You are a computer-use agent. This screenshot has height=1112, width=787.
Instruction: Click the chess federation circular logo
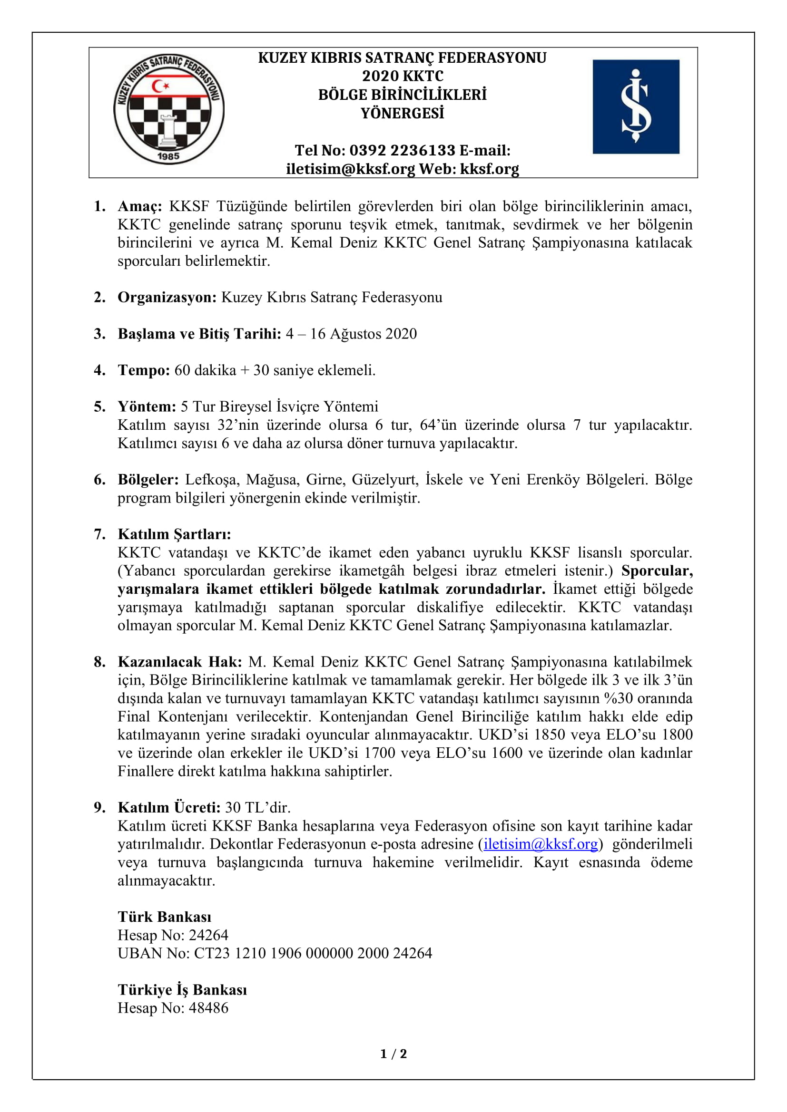pos(168,109)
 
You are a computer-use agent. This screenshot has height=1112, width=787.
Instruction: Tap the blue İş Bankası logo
pos(635,107)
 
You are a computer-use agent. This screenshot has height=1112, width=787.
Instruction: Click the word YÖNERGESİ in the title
pos(402,113)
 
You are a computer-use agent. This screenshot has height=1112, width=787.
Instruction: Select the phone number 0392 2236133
pos(402,151)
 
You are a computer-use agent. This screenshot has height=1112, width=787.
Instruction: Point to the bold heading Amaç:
pos(139,206)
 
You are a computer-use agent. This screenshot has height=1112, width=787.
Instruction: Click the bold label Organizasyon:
pos(167,297)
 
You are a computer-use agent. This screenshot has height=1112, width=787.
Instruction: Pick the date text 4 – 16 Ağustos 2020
pos(351,334)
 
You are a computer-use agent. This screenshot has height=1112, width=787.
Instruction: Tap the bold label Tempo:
pos(143,370)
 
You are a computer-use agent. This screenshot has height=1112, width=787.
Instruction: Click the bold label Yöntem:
pos(147,406)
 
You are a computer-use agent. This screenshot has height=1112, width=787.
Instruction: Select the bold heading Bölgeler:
pos(148,480)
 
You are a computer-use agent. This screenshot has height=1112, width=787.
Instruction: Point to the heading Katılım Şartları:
pos(175,534)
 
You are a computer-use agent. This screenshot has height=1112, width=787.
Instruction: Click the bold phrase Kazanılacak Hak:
pos(180,662)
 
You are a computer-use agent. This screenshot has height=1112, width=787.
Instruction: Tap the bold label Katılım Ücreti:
pos(169,807)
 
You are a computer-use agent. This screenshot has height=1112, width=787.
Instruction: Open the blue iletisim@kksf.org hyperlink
pos(541,844)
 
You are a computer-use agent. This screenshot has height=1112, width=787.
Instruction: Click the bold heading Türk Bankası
pos(164,917)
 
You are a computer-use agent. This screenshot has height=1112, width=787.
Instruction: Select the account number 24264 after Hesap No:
pos(208,935)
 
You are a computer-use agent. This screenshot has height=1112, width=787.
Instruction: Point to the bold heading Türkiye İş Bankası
pos(182,990)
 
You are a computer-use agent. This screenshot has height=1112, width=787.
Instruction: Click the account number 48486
pos(208,1008)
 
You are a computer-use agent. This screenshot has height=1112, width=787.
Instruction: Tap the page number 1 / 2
pos(393,1054)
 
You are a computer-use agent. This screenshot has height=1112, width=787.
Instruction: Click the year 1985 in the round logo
pos(168,156)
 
